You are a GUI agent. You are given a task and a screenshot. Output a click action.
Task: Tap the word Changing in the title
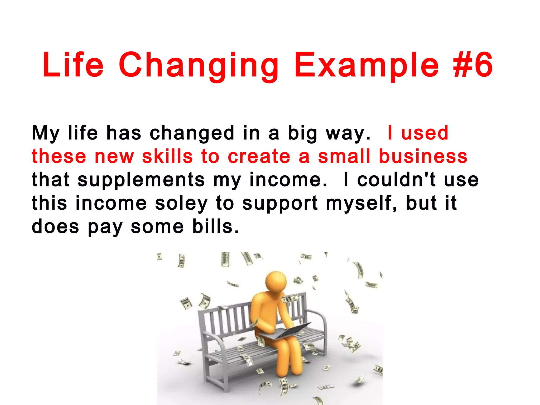click(199, 66)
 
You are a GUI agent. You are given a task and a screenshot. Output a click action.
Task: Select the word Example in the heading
click(367, 66)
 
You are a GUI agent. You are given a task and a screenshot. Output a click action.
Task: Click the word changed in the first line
click(192, 133)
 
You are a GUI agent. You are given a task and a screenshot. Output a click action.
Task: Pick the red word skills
click(167, 156)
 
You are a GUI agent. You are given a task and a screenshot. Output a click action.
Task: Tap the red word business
click(423, 156)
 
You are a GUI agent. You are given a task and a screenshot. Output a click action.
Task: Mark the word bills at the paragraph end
click(215, 226)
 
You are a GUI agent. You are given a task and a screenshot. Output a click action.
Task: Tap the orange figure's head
click(276, 281)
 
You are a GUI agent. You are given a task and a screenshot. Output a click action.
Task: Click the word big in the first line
click(302, 133)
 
